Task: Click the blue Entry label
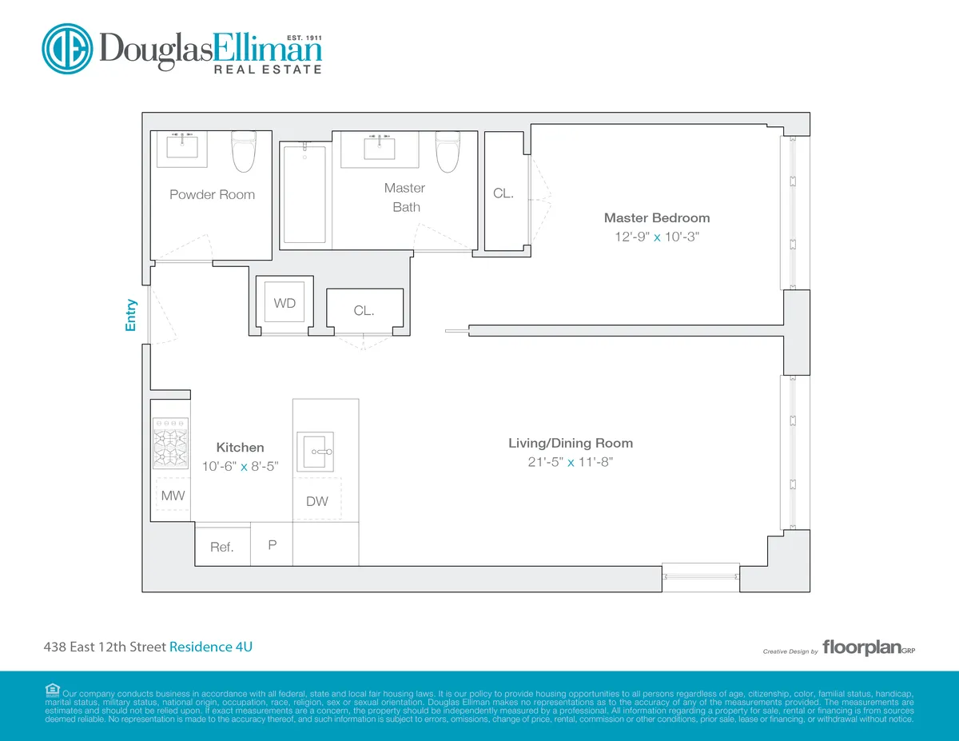tap(132, 314)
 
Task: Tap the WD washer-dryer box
tap(285, 303)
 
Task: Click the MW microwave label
tap(173, 496)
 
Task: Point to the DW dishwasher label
tap(317, 502)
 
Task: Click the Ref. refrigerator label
tap(222, 548)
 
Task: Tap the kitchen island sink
tap(315, 452)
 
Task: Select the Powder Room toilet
tap(243, 152)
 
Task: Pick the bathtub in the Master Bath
tap(304, 194)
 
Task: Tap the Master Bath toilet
tap(447, 152)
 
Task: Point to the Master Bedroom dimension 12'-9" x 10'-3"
tap(656, 237)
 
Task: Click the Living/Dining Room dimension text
tap(571, 463)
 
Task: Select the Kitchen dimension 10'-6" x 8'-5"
tap(240, 468)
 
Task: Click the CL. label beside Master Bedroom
tap(503, 193)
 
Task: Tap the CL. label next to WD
tap(364, 311)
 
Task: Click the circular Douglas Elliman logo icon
tap(69, 50)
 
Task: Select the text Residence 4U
tap(211, 647)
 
